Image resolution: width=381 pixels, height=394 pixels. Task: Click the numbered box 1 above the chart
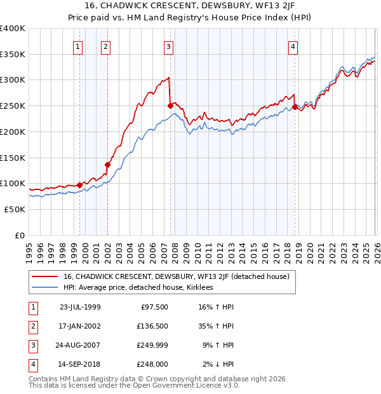[x=77, y=46]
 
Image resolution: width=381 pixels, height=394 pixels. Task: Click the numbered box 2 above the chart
[x=105, y=46]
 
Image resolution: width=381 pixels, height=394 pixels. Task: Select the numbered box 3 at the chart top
[x=168, y=46]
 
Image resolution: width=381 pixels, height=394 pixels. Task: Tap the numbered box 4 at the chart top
[x=293, y=46]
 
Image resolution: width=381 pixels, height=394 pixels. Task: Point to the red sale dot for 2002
[x=107, y=165]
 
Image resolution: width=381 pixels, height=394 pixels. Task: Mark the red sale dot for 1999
[x=80, y=185]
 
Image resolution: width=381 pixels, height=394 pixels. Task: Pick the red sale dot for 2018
[x=295, y=107]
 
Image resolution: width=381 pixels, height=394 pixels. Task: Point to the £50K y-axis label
[x=15, y=209]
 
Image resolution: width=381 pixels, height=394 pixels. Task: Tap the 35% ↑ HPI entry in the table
[x=217, y=326]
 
